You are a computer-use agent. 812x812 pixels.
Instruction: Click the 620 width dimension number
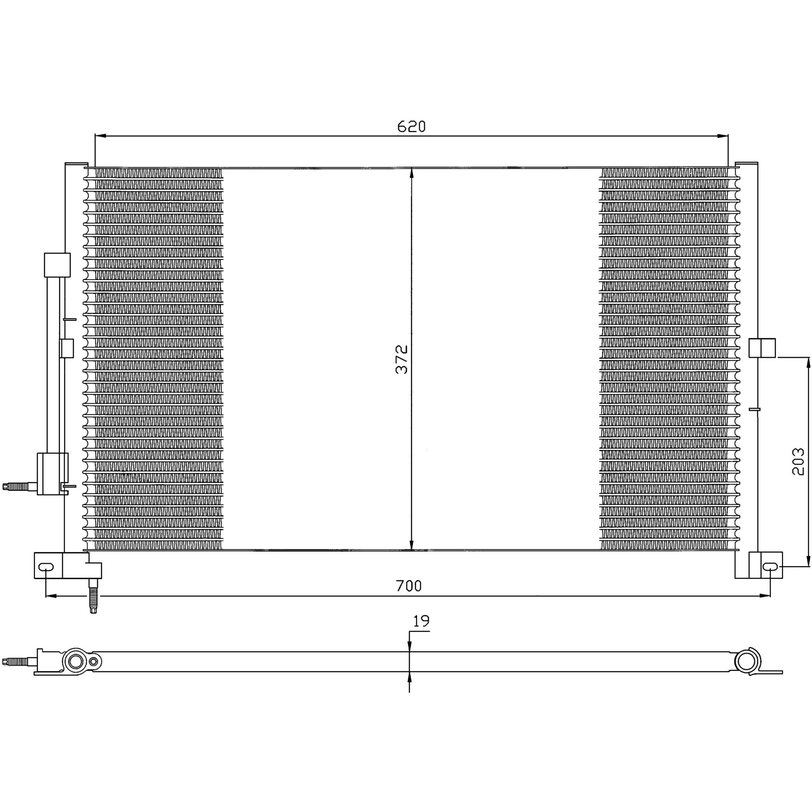pyautogui.click(x=411, y=126)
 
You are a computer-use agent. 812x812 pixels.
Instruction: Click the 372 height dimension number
pyautogui.click(x=402, y=359)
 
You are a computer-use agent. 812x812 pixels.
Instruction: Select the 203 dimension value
pyautogui.click(x=798, y=462)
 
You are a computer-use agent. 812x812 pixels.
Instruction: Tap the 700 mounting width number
pyautogui.click(x=409, y=585)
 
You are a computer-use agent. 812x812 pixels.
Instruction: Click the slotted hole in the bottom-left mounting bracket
pyautogui.click(x=46, y=567)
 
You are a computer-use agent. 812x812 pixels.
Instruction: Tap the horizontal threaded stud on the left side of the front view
pyautogui.click(x=19, y=487)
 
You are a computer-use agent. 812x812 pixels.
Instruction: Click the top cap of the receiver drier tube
pyautogui.click(x=57, y=265)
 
